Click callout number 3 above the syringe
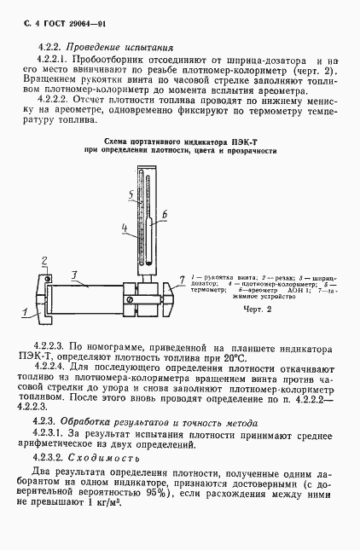tap(75, 274)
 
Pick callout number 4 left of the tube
tap(124, 228)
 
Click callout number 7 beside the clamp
tap(181, 279)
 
